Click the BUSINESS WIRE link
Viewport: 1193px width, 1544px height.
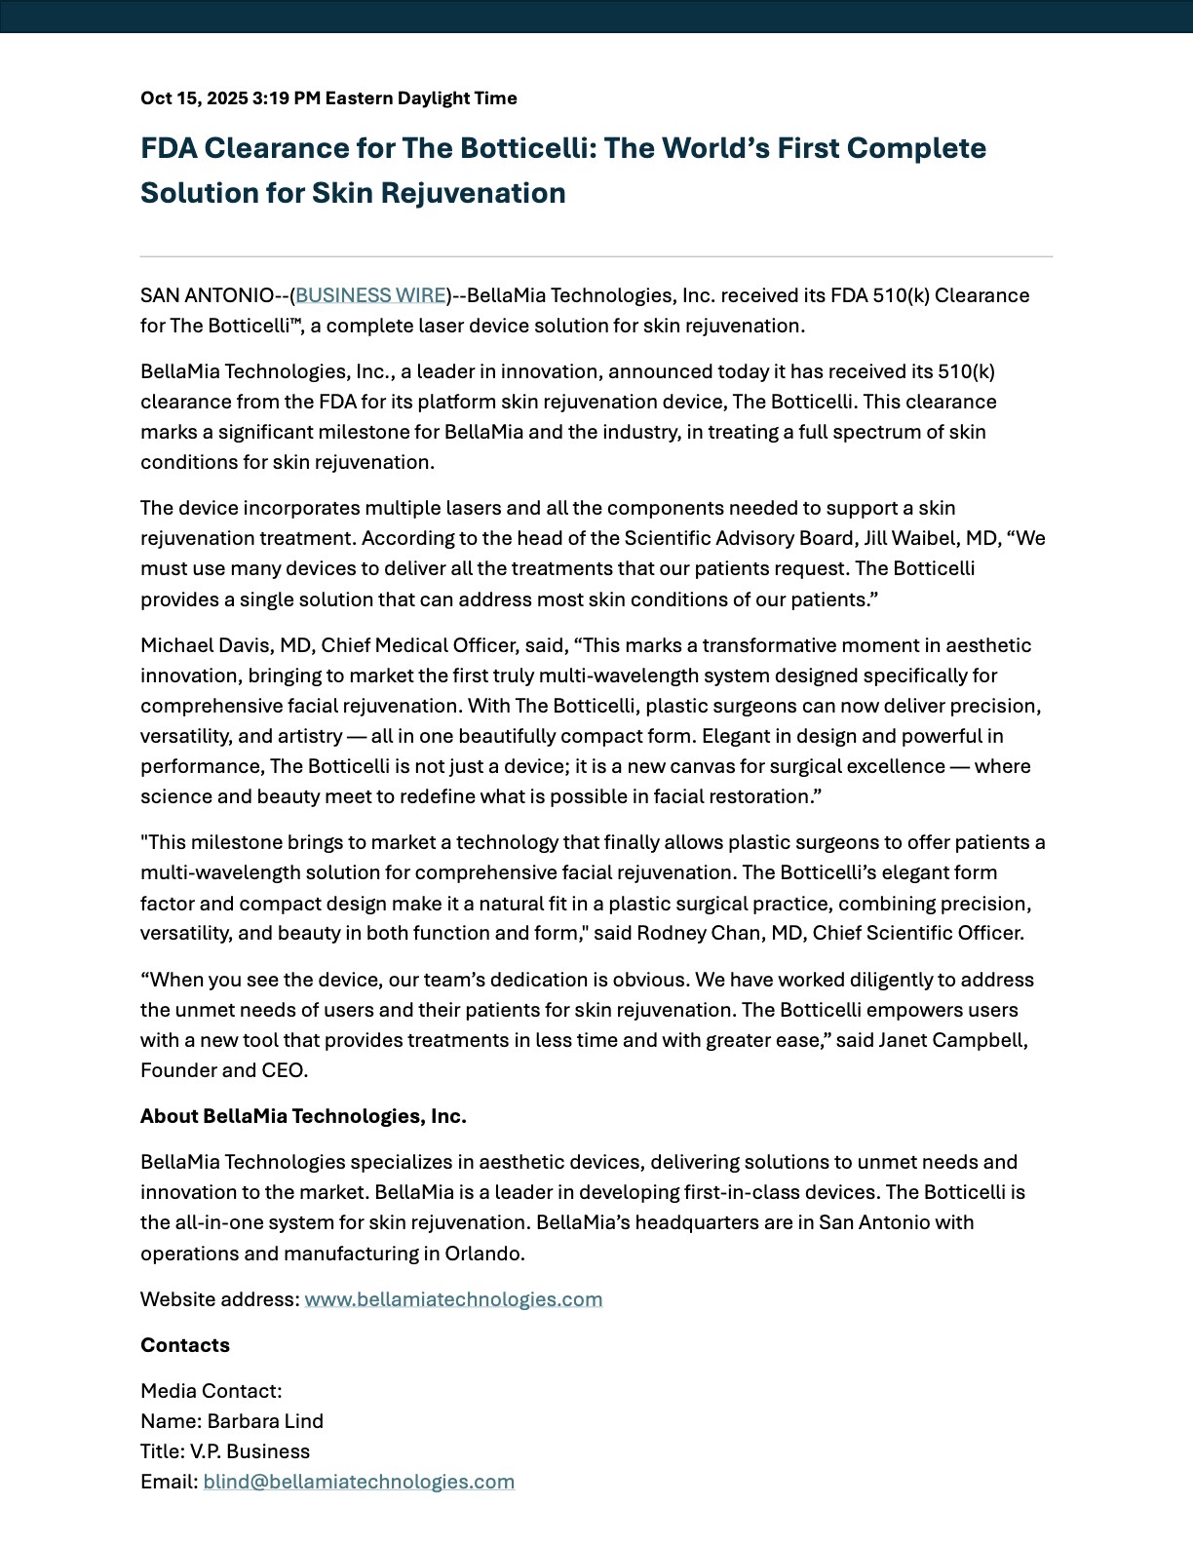click(370, 295)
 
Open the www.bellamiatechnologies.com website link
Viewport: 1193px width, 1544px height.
click(453, 1299)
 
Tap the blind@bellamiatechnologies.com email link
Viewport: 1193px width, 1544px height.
click(359, 1482)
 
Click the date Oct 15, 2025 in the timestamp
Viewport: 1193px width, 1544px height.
click(194, 98)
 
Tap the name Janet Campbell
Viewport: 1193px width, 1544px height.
click(952, 1040)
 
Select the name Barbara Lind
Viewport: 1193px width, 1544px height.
click(265, 1421)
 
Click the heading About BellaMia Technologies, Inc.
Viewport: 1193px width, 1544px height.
click(303, 1116)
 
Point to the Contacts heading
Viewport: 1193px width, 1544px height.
click(185, 1345)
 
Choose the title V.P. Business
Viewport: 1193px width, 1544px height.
click(250, 1451)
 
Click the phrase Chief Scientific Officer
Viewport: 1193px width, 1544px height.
click(917, 933)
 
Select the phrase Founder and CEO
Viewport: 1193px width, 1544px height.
click(223, 1070)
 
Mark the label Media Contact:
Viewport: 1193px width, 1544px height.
click(211, 1391)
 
